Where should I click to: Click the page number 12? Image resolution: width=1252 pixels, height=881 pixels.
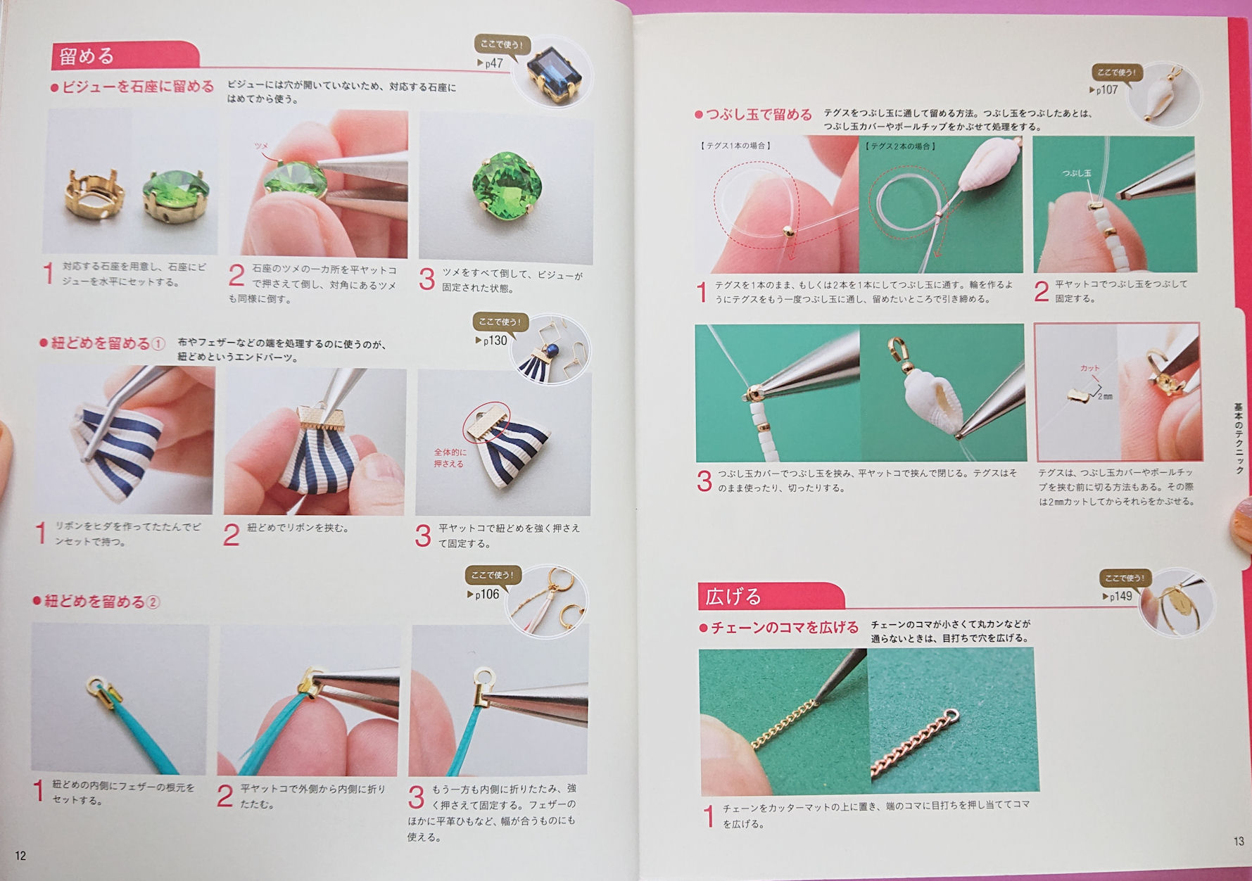coord(20,855)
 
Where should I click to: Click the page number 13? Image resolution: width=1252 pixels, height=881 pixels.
coord(1239,841)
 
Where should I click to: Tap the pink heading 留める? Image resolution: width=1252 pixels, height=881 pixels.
coord(87,56)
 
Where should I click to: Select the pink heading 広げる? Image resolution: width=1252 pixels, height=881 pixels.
coord(733,597)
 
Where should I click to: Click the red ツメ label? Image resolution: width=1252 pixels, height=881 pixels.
coord(261,146)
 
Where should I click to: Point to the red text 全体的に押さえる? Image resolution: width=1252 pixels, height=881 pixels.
coord(450,458)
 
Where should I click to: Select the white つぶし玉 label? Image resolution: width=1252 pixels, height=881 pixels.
coord(1077,173)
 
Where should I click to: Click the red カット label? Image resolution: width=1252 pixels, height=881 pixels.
coord(1089,368)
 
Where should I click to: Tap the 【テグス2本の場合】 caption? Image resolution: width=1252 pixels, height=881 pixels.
coord(901,146)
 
